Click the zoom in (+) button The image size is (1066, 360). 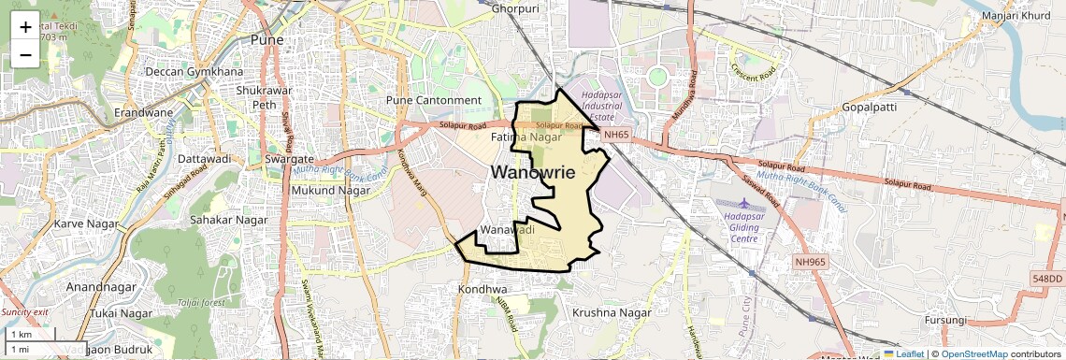click(25, 27)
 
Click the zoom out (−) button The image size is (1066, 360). click(25, 55)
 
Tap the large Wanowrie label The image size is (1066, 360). click(532, 172)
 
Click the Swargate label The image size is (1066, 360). click(263, 160)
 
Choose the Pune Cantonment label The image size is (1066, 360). click(434, 100)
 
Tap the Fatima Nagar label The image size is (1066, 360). click(531, 137)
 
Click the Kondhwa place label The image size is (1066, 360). click(482, 290)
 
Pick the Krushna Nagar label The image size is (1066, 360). click(611, 311)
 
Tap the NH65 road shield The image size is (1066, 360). click(615, 135)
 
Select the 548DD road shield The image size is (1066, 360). click(1047, 279)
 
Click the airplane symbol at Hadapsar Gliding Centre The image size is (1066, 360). click(743, 203)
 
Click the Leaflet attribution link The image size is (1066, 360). click(903, 353)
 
